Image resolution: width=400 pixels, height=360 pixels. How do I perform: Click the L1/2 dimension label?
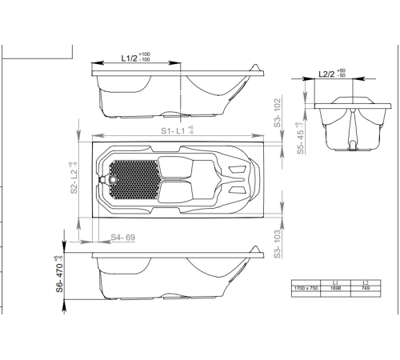tap(130, 58)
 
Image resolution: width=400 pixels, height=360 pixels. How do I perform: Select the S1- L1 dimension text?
tap(174, 129)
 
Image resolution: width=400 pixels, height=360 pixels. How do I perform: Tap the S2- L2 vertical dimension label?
tap(74, 178)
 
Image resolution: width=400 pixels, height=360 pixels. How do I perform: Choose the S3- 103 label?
tap(277, 241)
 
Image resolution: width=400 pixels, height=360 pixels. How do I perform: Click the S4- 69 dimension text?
tap(122, 237)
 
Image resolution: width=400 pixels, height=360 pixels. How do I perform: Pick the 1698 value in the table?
tap(335, 286)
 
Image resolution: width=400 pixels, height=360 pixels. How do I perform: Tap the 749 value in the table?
tap(365, 286)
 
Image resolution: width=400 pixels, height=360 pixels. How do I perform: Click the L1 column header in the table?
tap(335, 281)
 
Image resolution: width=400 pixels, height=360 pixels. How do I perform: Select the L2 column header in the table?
tap(365, 281)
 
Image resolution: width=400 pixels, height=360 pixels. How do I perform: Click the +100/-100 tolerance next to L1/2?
tap(145, 58)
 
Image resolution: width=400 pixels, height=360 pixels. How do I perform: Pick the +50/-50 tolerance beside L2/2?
tap(342, 74)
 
